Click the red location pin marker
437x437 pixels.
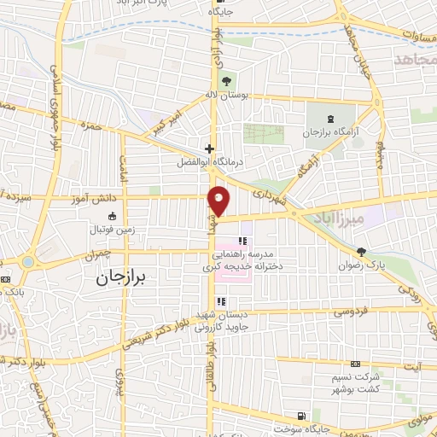(x=218, y=201)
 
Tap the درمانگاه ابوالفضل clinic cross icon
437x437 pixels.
(x=209, y=147)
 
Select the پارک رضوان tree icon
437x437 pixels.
(x=362, y=251)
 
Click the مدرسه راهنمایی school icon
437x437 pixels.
(x=242, y=242)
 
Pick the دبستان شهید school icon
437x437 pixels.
(x=221, y=301)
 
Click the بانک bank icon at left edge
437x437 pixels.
(x=6, y=279)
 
